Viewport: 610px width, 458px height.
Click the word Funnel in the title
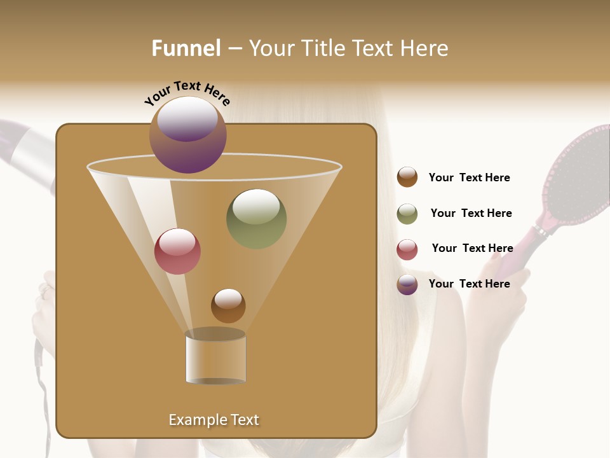(x=186, y=48)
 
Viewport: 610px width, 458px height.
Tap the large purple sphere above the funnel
(x=188, y=135)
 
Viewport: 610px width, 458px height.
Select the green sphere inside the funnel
(x=256, y=219)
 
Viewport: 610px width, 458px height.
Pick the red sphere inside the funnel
(x=177, y=251)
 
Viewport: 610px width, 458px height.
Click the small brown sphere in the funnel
(x=228, y=305)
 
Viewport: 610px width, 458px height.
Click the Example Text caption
(x=213, y=420)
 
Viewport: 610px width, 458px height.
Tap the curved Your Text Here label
(x=187, y=92)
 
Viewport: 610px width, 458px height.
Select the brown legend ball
(x=407, y=177)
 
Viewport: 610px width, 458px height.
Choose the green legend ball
(x=407, y=214)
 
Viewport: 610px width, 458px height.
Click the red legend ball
(x=407, y=249)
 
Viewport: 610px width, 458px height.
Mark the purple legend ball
(x=407, y=284)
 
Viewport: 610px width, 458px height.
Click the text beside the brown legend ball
(x=469, y=178)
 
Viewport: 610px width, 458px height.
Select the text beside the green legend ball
(x=471, y=214)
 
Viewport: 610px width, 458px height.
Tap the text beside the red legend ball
(x=472, y=249)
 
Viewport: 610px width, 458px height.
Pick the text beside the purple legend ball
(x=469, y=284)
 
